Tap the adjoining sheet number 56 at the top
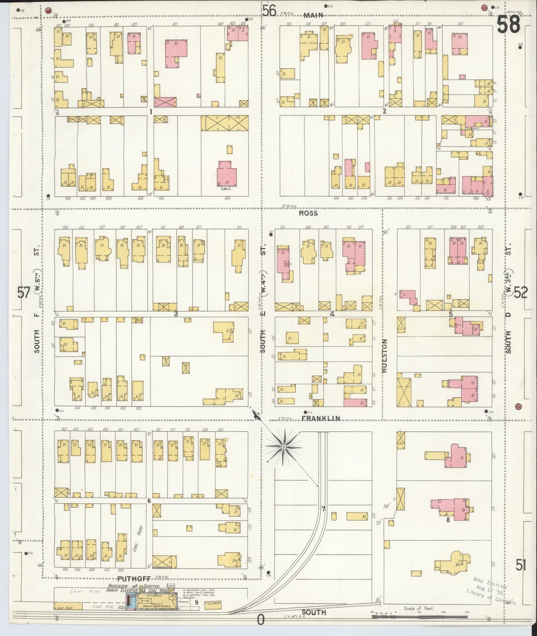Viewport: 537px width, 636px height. coord(269,11)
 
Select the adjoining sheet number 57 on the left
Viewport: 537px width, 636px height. coord(24,293)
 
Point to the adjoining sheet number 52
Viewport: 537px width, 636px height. coord(521,293)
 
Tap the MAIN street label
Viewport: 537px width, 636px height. coord(313,15)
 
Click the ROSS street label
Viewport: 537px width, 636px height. coord(308,213)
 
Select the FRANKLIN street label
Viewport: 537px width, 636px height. coord(320,418)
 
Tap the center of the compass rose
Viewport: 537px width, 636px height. coord(284,446)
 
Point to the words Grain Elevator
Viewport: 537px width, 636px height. coord(122,600)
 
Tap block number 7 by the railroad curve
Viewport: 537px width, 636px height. coord(323,508)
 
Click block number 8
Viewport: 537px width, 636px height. coord(448,520)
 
